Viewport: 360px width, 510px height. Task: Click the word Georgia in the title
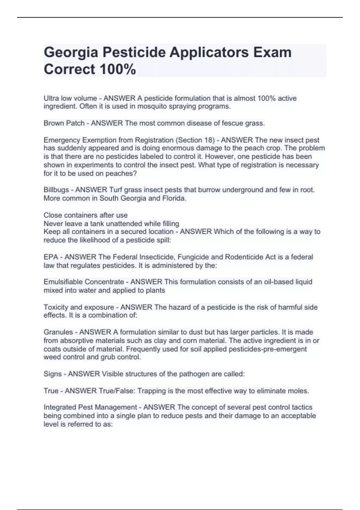pos(71,53)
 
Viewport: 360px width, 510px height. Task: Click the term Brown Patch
pos(64,123)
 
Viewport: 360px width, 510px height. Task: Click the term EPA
pos(51,257)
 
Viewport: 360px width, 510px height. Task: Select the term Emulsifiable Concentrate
pos(84,282)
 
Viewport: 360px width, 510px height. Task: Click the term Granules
pos(58,332)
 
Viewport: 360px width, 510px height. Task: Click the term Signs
pos(52,374)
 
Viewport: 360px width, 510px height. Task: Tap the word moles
pos(299,391)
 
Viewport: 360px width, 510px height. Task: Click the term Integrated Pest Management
pos(90,407)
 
